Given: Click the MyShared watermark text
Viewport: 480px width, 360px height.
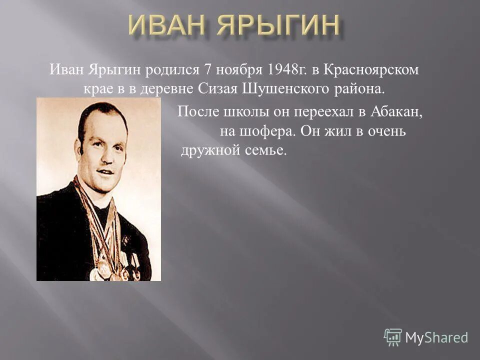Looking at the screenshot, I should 436,337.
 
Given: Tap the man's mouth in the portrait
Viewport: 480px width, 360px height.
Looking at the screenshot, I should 105,171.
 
